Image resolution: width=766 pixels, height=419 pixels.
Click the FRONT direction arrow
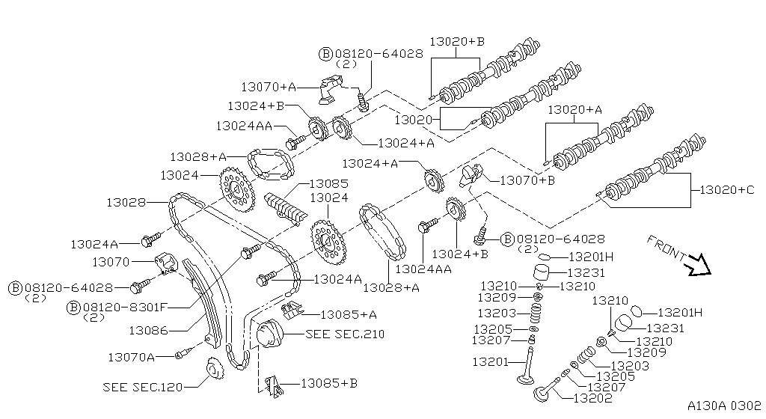point(700,264)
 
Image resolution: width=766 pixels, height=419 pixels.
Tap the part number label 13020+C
point(727,190)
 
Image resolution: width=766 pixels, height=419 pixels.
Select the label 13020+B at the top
point(457,42)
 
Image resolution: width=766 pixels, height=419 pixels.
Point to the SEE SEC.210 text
point(345,334)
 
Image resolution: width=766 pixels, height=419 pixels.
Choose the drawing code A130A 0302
point(723,404)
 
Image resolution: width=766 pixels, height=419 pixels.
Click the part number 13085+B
point(329,383)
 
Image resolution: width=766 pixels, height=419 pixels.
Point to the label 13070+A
point(269,87)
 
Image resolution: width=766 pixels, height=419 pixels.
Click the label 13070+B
point(527,180)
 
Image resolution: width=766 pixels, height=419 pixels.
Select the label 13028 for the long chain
point(126,202)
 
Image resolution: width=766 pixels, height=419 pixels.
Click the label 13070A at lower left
point(131,357)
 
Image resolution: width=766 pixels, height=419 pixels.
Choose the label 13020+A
point(574,110)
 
